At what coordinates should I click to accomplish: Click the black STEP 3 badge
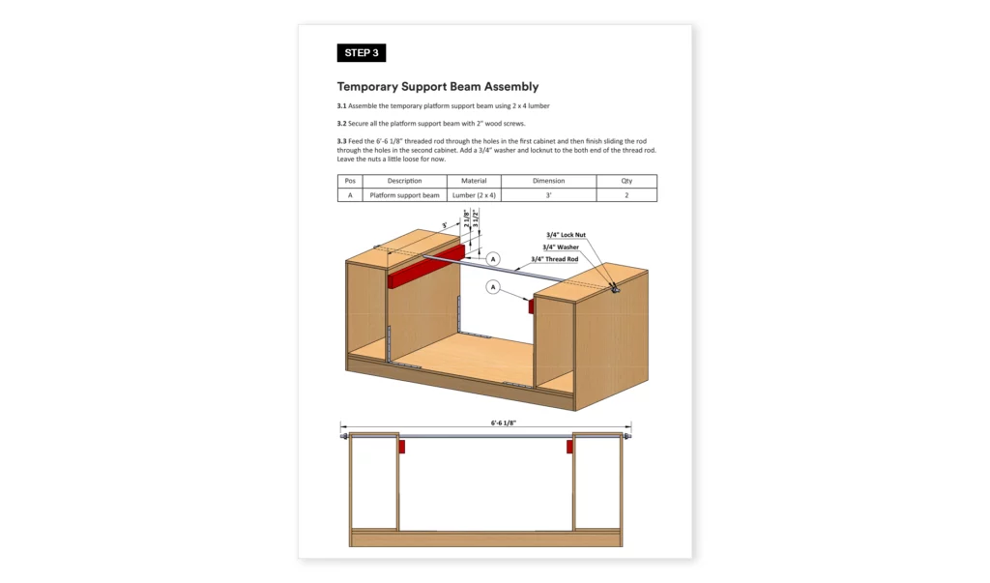362,53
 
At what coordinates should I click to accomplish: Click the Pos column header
350,181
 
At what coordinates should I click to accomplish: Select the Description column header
404,181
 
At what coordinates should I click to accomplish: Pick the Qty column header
626,181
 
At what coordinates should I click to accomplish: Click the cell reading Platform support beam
404,194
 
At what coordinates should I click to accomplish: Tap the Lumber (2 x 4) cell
474,194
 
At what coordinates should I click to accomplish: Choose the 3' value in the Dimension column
549,194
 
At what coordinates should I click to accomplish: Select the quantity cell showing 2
626,194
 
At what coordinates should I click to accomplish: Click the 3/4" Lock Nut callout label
566,235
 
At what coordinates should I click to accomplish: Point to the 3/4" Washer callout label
561,247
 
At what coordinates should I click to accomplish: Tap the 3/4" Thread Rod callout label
554,259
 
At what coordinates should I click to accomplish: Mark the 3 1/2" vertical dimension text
476,219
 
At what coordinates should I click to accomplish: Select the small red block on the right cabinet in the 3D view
531,306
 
